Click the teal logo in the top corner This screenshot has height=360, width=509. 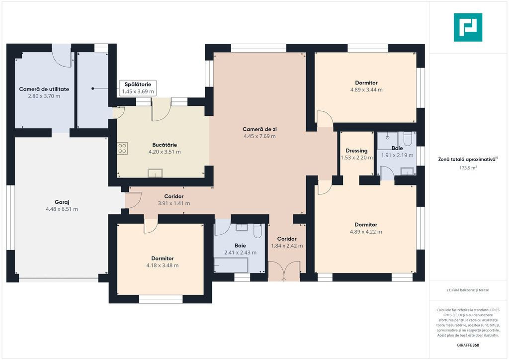point(468,27)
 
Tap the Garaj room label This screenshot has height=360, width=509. point(62,202)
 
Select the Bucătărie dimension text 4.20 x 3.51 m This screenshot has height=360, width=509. point(165,152)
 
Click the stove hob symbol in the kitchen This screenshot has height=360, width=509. point(122,148)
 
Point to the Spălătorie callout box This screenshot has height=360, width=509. point(138,88)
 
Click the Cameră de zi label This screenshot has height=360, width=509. point(259,129)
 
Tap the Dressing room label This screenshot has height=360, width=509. point(356,151)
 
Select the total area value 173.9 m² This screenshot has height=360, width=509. point(468,168)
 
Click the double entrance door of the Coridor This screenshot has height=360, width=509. point(284,270)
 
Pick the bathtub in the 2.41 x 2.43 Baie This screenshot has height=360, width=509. point(231,265)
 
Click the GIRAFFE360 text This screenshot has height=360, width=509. point(468,345)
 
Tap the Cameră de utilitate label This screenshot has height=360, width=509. point(44,89)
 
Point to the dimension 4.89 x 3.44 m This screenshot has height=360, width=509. point(366,90)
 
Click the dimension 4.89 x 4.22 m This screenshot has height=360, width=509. point(366,232)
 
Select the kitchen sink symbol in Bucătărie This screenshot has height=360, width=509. point(155,173)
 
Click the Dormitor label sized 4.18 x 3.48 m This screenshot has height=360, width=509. point(163,259)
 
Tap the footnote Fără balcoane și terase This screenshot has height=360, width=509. point(468,290)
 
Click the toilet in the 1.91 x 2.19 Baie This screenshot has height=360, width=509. point(408,139)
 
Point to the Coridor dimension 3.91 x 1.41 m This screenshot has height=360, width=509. point(174,203)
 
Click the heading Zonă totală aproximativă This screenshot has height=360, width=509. point(467,160)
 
